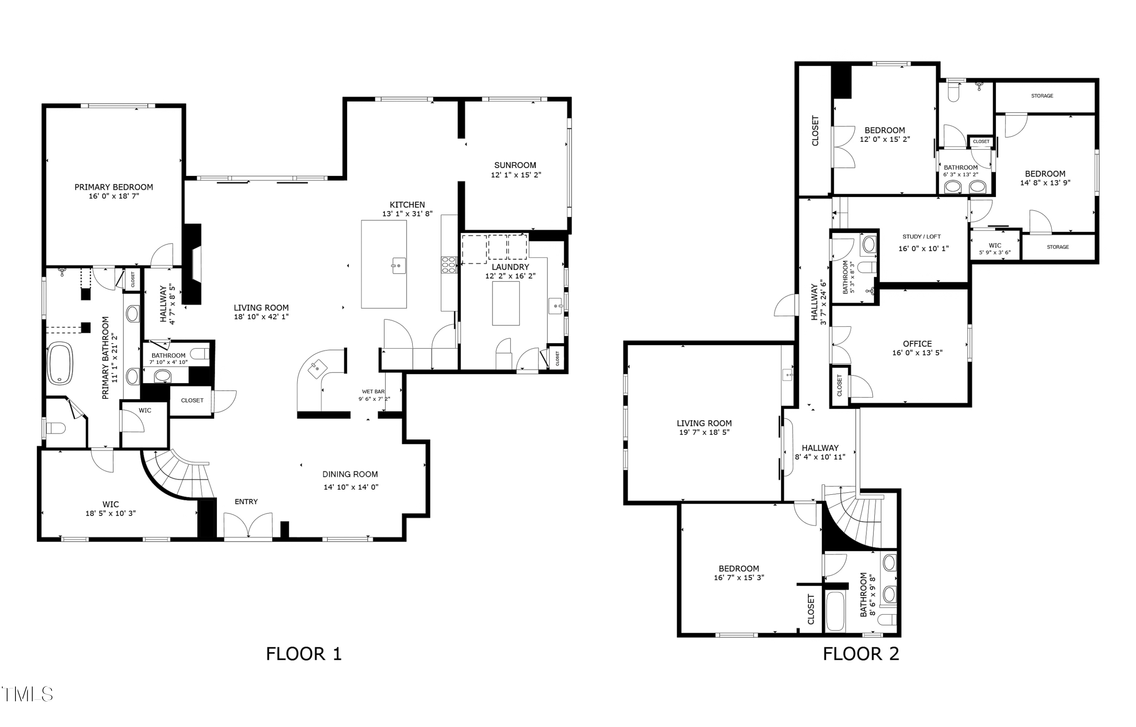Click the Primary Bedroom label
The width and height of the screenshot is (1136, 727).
coord(114,187)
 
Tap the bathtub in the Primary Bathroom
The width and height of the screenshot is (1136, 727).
coord(60,363)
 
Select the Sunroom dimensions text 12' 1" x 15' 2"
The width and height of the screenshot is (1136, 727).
coord(515,175)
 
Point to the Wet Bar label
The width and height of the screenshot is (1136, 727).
coord(373,391)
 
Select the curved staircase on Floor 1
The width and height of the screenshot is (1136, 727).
coord(182,474)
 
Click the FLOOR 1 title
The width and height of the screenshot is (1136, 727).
coord(303,654)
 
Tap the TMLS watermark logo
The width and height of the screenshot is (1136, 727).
coord(27,694)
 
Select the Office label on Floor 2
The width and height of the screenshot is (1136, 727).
coord(917,344)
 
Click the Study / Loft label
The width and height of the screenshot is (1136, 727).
coord(921,236)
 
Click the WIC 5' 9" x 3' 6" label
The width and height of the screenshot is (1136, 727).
coord(994,249)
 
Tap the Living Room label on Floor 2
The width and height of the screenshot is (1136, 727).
coord(704,424)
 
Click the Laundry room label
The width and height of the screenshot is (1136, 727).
coord(510,267)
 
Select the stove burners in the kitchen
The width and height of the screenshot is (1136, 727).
coord(448,265)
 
